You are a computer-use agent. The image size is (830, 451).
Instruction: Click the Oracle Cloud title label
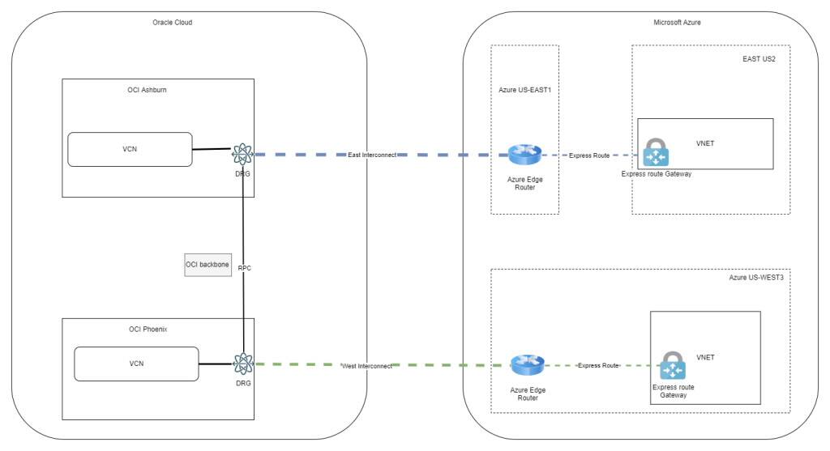tap(173, 22)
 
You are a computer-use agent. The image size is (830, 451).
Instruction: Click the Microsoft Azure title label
tap(677, 22)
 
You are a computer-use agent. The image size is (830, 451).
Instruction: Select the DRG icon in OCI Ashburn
tap(243, 153)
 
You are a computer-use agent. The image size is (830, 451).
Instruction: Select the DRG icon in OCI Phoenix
tap(243, 364)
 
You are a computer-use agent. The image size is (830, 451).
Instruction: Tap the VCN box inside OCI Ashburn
tap(130, 150)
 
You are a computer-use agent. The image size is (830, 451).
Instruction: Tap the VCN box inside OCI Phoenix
tap(136, 364)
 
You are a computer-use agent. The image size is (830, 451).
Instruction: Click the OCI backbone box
tap(207, 265)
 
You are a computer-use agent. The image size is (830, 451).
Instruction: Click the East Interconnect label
tap(372, 154)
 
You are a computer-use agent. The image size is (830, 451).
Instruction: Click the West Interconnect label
tap(367, 366)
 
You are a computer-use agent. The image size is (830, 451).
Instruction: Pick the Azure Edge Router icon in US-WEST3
tap(528, 365)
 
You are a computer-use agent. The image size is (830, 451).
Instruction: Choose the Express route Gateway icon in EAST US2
tap(656, 152)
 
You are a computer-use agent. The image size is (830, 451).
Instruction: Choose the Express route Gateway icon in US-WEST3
tap(672, 366)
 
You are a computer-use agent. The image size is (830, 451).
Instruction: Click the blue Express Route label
tap(588, 155)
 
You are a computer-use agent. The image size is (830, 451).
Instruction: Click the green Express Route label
tap(598, 366)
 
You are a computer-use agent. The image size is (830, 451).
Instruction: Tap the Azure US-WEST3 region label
tap(755, 278)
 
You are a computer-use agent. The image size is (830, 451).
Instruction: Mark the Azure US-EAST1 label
tap(524, 90)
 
